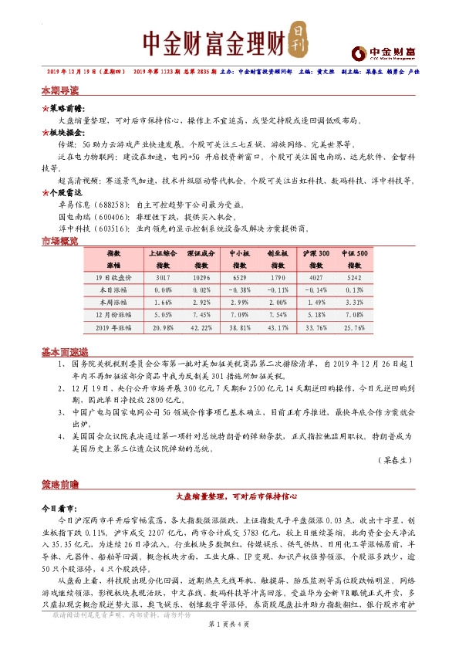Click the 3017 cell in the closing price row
[x=163, y=276]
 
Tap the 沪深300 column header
[x=316, y=252]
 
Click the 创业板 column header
[x=278, y=252]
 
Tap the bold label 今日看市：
[x=59, y=510]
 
